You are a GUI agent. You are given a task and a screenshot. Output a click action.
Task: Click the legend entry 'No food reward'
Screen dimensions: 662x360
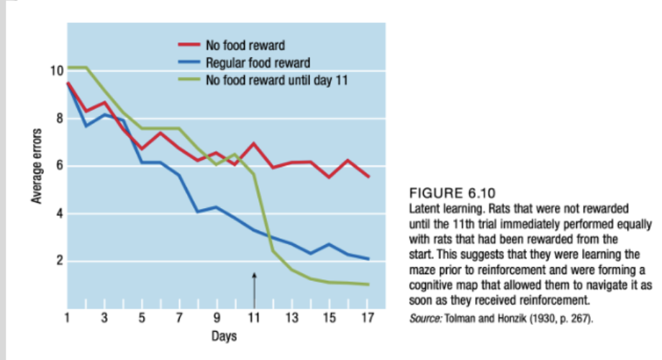click(x=245, y=45)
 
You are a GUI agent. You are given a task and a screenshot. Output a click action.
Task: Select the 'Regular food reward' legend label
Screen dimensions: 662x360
click(x=258, y=63)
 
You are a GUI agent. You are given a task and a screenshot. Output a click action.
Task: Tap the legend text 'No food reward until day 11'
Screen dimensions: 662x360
click(x=276, y=81)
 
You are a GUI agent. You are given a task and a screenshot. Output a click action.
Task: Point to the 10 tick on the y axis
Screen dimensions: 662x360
click(x=57, y=71)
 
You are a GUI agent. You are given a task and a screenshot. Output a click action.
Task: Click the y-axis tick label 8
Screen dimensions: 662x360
click(x=60, y=118)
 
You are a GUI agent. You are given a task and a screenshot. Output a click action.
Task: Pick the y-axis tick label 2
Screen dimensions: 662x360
click(x=60, y=261)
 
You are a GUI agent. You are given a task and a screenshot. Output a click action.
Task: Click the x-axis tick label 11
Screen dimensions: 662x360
click(x=254, y=318)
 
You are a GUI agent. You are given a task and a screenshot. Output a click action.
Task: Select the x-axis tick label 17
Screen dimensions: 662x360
click(x=367, y=318)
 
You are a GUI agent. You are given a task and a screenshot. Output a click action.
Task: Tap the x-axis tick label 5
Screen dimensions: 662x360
click(x=142, y=318)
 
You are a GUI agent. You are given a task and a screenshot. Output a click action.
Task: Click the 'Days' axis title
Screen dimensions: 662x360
click(x=224, y=336)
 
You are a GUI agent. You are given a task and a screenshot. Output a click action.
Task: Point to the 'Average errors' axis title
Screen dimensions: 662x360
click(x=37, y=166)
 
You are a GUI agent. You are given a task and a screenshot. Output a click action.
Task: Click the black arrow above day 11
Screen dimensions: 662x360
click(x=254, y=290)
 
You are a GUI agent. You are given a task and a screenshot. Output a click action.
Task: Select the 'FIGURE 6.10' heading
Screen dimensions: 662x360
click(x=452, y=194)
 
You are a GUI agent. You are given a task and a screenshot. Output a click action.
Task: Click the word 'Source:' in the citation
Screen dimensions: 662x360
click(x=425, y=318)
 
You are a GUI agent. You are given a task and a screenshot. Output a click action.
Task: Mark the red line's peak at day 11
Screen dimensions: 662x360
click(x=254, y=144)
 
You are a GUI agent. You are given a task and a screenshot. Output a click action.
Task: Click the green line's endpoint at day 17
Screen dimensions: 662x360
click(x=368, y=284)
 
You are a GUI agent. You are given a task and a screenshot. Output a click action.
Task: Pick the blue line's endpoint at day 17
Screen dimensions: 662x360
click(x=368, y=258)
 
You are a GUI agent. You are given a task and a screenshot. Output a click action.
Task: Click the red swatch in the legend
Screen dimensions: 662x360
click(x=189, y=45)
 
